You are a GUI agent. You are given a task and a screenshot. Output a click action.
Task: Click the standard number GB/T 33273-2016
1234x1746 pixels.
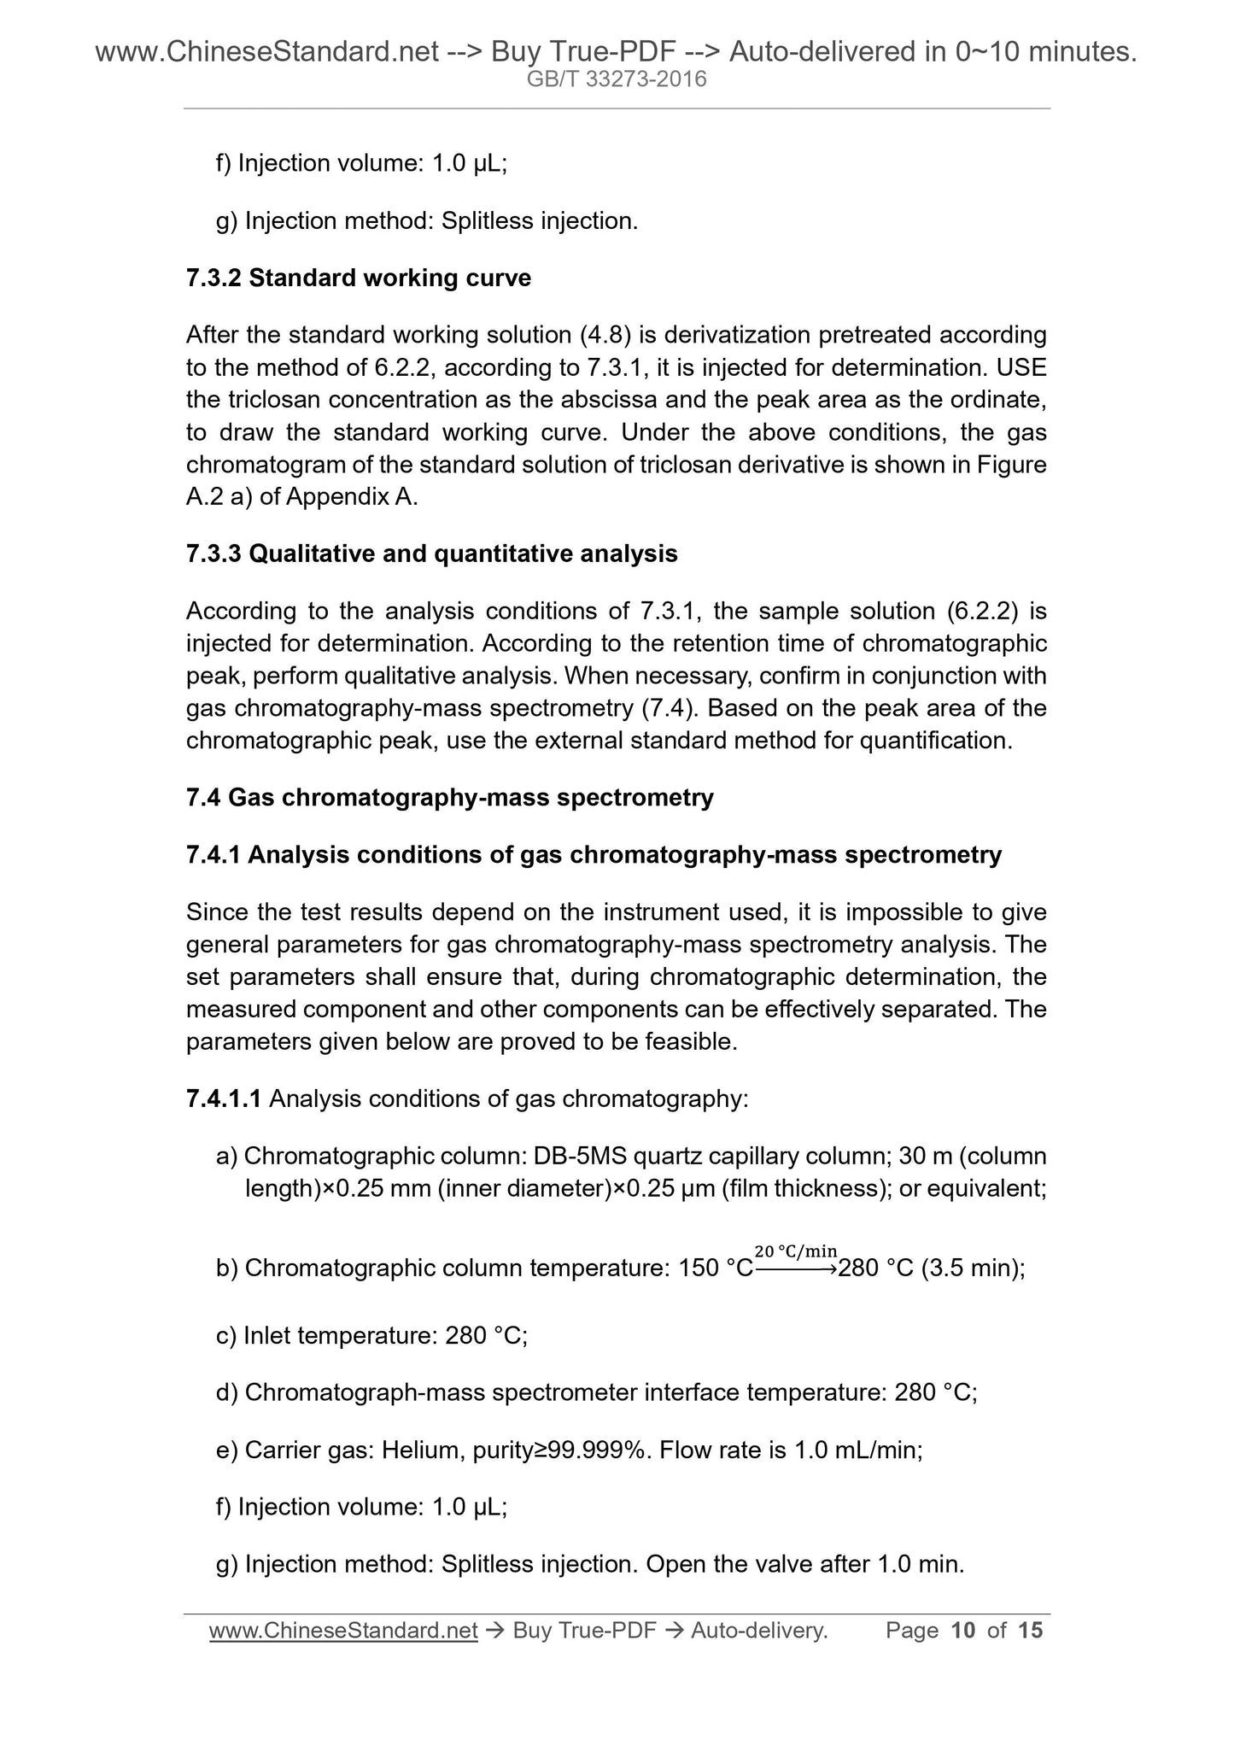617,80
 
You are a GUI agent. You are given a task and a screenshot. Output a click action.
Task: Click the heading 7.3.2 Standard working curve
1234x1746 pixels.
358,278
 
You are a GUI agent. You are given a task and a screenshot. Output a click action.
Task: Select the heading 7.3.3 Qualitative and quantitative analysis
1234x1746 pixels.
431,554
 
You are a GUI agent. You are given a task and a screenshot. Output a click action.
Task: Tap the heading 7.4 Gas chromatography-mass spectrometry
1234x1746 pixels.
449,798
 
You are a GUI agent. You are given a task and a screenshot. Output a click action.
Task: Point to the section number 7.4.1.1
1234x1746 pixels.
223,1099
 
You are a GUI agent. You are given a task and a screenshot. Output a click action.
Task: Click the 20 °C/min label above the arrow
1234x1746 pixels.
796,1252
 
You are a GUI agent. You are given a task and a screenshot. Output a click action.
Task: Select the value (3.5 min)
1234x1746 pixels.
973,1268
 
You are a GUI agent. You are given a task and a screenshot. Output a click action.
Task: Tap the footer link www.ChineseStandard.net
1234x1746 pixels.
342,1632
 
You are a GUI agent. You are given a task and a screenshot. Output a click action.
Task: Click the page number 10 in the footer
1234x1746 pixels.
962,1632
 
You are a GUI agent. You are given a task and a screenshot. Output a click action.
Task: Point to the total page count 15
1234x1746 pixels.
1030,1632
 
